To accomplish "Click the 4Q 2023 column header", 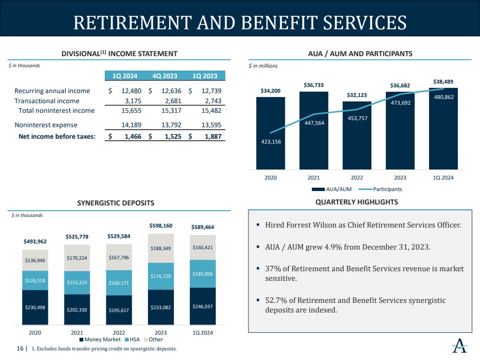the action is coord(165,76).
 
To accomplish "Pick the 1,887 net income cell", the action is coord(213,136).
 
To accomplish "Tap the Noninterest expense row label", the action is coord(46,125).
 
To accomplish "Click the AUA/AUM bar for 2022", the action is coord(357,135).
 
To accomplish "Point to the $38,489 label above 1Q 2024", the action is coord(443,82).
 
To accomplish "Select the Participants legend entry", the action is coord(380,189).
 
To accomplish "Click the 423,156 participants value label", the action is coord(271,142).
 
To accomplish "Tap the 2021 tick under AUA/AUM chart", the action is coord(314,178).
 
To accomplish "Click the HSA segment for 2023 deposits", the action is coord(160,276).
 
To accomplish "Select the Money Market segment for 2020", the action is coord(35,307).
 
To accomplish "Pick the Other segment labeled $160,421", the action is coord(203,248).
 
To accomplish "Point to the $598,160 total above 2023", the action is coord(160,226).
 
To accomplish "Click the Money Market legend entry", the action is coord(100,339).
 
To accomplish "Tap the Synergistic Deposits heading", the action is coord(116,203).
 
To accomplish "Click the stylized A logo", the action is coord(460,346).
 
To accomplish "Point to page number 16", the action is coord(20,348).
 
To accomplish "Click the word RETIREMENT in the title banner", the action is coord(133,23).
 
